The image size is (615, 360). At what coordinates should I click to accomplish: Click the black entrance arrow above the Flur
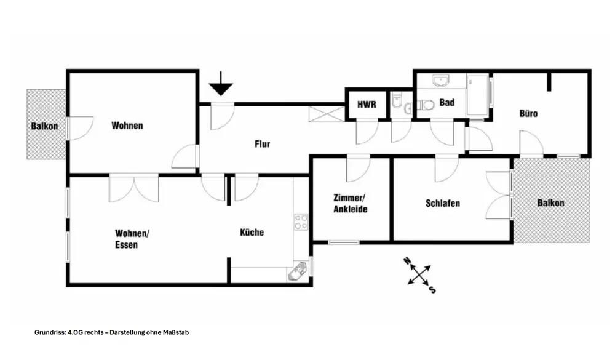[x=221, y=84]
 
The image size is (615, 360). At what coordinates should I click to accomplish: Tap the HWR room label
[x=367, y=105]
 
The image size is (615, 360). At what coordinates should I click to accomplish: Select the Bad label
[x=446, y=103]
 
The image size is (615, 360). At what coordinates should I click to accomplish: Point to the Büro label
[x=528, y=113]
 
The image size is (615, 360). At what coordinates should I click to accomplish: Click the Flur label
[x=262, y=144]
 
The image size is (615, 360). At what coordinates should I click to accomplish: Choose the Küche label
[x=252, y=233]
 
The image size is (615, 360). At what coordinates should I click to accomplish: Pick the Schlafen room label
[x=443, y=203]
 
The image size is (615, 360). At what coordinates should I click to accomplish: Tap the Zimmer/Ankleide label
[x=351, y=203]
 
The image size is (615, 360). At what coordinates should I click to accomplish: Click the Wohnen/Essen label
[x=132, y=239]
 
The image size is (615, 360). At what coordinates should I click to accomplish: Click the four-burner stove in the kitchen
[x=301, y=222]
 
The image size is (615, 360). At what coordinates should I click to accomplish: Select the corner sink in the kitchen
[x=299, y=271]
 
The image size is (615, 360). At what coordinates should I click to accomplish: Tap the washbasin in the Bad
[x=441, y=81]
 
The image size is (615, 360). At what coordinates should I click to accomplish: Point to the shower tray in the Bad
[x=477, y=95]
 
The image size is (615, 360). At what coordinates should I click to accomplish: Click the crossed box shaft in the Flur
[x=327, y=114]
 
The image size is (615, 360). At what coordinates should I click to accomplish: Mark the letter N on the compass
[x=408, y=261]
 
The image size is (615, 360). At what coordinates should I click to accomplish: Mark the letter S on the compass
[x=432, y=290]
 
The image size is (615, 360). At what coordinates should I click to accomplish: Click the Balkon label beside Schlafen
[x=550, y=203]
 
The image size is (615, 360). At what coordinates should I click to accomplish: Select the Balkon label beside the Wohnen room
[x=44, y=126]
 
